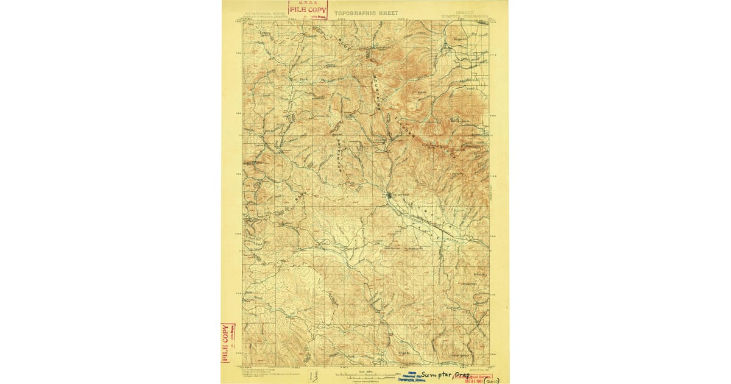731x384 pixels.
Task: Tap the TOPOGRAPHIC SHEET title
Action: pyautogui.click(x=365, y=13)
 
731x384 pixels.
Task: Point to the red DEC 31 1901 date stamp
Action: pyautogui.click(x=476, y=379)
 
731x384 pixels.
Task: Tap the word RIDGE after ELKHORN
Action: pyautogui.click(x=447, y=152)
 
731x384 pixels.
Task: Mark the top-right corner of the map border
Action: pyautogui.click(x=489, y=20)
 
